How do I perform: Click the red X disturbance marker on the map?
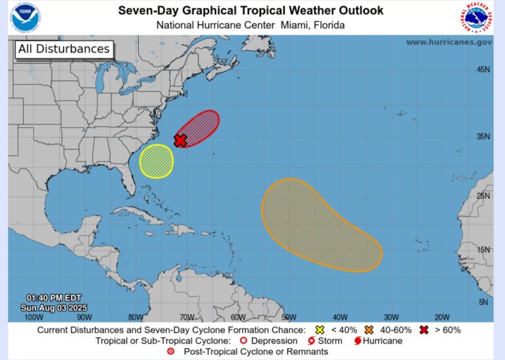[x=180, y=140]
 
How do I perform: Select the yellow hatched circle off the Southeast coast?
[x=156, y=161]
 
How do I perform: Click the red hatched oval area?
[x=199, y=127]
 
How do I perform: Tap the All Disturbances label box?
[x=64, y=49]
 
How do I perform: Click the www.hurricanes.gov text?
[x=448, y=42]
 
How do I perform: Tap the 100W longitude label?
[x=34, y=317]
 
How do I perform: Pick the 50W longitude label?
[x=288, y=317]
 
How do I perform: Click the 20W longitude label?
[x=442, y=317]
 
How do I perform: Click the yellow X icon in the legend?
[x=320, y=330]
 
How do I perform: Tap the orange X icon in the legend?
[x=370, y=330]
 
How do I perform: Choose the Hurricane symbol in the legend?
[x=358, y=341]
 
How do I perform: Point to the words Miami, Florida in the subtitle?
[x=312, y=25]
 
